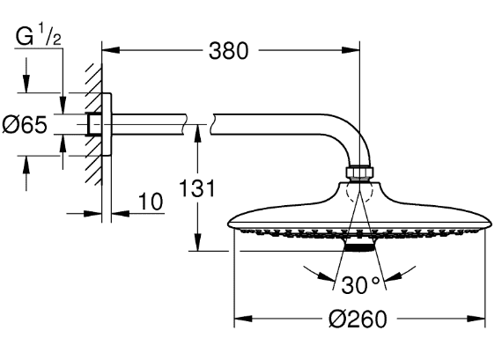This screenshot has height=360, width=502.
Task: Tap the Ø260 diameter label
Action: coord(360,320)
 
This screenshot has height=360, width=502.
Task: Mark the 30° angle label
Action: coord(361,284)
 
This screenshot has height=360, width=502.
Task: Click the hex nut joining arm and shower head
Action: coord(360,173)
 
